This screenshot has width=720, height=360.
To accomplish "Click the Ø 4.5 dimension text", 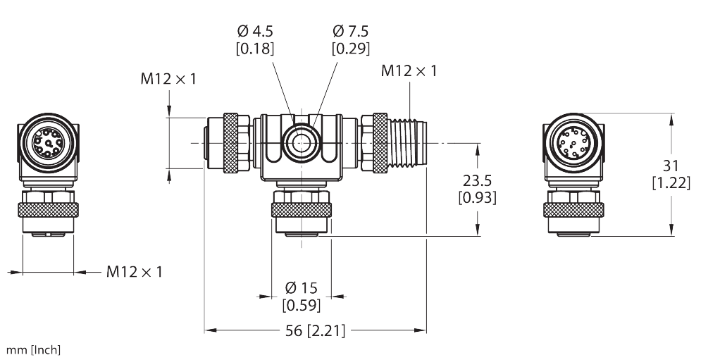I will click(255, 32).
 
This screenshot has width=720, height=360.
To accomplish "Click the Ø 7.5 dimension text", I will click(350, 32).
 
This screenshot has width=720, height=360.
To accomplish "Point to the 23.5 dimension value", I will click(477, 181).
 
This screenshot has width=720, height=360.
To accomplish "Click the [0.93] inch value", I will click(477, 198).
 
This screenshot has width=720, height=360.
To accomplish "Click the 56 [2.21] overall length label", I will click(316, 330).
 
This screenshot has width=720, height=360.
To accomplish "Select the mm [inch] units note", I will click(33, 350).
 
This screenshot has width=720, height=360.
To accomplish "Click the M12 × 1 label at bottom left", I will click(135, 272).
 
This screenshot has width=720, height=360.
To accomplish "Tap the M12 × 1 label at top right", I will click(409, 71).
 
